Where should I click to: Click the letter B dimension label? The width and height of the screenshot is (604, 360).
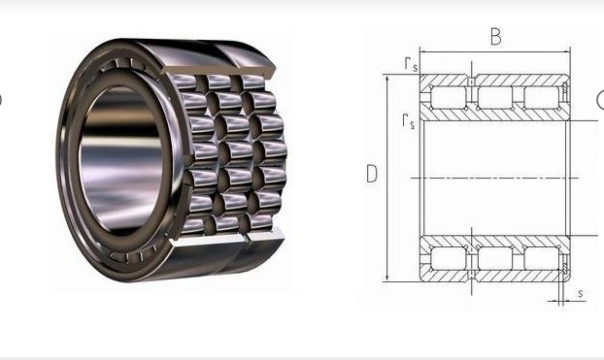495,37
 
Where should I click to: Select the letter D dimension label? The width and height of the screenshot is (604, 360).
371,175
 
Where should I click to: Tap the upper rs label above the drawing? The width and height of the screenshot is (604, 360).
412,63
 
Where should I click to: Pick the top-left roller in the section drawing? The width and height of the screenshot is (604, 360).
447,98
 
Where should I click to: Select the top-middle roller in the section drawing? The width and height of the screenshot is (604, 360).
495,98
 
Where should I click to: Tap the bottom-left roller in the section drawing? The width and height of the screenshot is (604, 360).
447,258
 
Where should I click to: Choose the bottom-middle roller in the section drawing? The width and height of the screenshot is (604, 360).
495,258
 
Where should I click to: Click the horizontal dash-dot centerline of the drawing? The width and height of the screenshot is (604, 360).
495,178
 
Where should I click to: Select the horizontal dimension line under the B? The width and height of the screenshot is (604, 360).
495,51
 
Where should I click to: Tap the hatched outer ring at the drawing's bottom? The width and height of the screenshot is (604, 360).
495,277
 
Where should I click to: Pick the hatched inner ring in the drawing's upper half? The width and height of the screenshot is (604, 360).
495,115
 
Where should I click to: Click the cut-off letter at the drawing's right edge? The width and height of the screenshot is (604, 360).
599,99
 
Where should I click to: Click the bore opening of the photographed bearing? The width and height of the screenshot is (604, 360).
117,155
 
